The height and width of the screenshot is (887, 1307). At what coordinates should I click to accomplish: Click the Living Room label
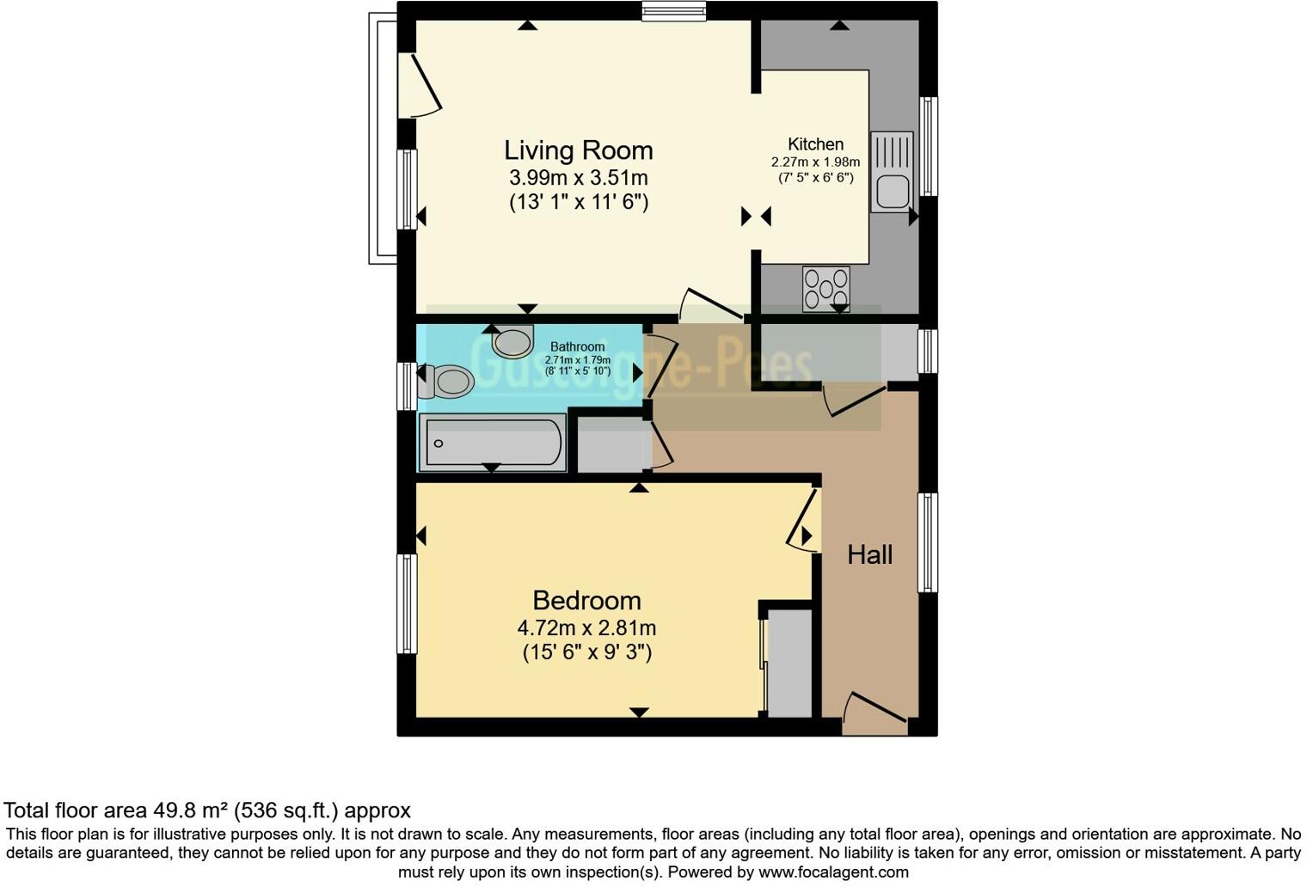[578, 150]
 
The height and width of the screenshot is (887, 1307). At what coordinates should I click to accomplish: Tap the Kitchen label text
[815, 144]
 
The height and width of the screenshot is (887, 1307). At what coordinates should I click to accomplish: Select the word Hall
[869, 555]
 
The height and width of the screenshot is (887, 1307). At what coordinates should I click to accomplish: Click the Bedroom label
[586, 600]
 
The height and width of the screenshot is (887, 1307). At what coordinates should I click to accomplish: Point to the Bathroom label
[577, 346]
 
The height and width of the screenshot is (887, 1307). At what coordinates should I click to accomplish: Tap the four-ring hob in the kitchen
[825, 289]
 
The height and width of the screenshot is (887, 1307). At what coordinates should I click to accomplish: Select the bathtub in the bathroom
[492, 443]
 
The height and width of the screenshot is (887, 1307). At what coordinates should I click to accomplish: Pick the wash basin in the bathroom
[513, 342]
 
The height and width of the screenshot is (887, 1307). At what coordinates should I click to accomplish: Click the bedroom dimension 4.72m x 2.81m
[586, 628]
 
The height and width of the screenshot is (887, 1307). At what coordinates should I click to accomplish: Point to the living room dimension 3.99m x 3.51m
[578, 178]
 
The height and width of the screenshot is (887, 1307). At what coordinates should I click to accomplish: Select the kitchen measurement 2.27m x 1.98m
[815, 162]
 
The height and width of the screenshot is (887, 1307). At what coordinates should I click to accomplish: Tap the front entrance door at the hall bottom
[874, 715]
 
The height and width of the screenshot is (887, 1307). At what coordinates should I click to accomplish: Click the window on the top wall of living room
[674, 11]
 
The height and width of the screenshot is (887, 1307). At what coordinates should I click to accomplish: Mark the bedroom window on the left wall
[406, 603]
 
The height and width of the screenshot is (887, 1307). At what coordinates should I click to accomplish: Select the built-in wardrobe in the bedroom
[788, 663]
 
